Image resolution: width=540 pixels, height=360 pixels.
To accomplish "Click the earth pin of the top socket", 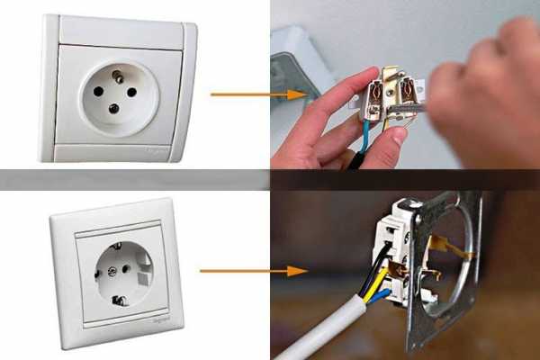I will pyautogui.click(x=118, y=77).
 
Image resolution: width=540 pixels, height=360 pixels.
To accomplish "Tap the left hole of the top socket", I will pyautogui.click(x=96, y=92).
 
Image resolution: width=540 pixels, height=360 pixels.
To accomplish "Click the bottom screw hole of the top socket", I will pyautogui.click(x=113, y=109).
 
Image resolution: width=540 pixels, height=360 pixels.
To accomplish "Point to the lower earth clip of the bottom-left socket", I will pyautogui.click(x=117, y=300).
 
